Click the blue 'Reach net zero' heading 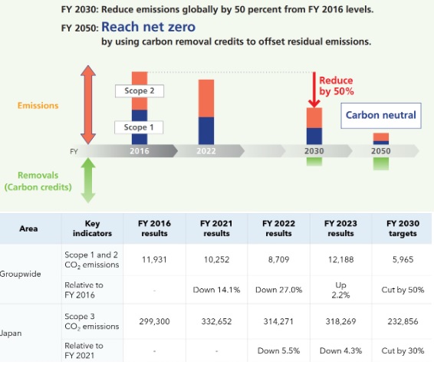[148, 27]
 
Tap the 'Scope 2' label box [140, 90]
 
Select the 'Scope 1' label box [139, 127]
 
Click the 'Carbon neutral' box [381, 115]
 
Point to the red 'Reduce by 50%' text [337, 86]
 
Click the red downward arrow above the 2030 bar [314, 90]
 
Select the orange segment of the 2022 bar [206, 98]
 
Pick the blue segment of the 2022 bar [206, 130]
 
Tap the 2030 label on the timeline [314, 151]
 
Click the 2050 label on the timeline [381, 151]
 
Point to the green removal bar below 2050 [381, 163]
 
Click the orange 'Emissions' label [38, 105]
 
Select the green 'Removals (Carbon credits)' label [38, 181]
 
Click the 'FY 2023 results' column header [340, 229]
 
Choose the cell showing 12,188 [340, 260]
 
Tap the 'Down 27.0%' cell [278, 290]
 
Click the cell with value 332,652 [216, 321]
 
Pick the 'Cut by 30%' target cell [403, 350]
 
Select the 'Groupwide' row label [21, 274]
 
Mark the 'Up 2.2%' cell [340, 290]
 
